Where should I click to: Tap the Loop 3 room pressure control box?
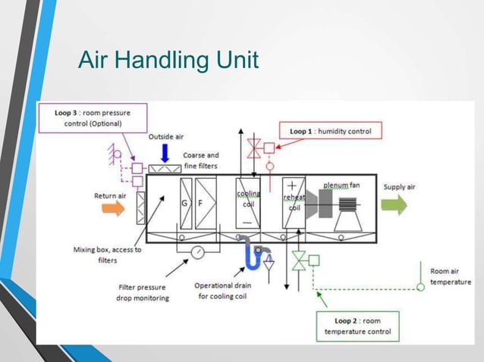(x=92, y=118)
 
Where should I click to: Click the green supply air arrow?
(x=394, y=204)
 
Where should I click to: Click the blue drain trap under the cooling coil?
(x=253, y=256)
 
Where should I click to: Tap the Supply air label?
(x=399, y=187)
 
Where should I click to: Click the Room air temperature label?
(x=450, y=276)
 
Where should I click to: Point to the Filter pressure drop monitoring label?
(x=143, y=292)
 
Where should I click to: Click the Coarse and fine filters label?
(x=201, y=160)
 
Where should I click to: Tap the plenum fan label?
(x=341, y=184)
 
